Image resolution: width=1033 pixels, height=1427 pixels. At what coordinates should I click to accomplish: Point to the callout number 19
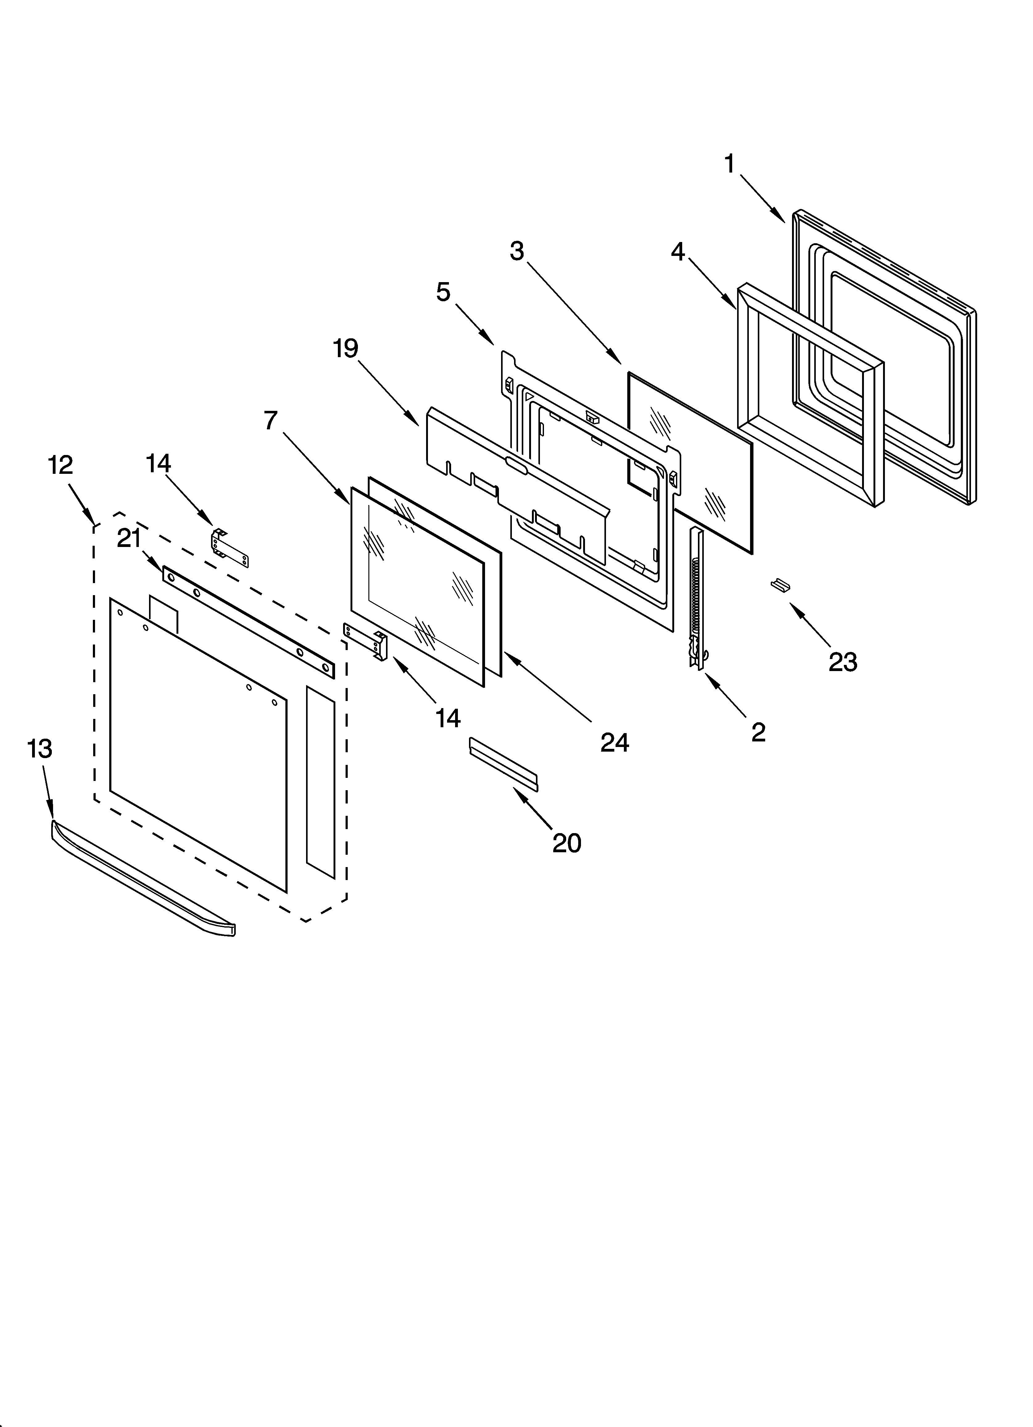pyautogui.click(x=345, y=348)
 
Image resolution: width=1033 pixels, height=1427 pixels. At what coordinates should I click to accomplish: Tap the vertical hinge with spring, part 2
pyautogui.click(x=697, y=598)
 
